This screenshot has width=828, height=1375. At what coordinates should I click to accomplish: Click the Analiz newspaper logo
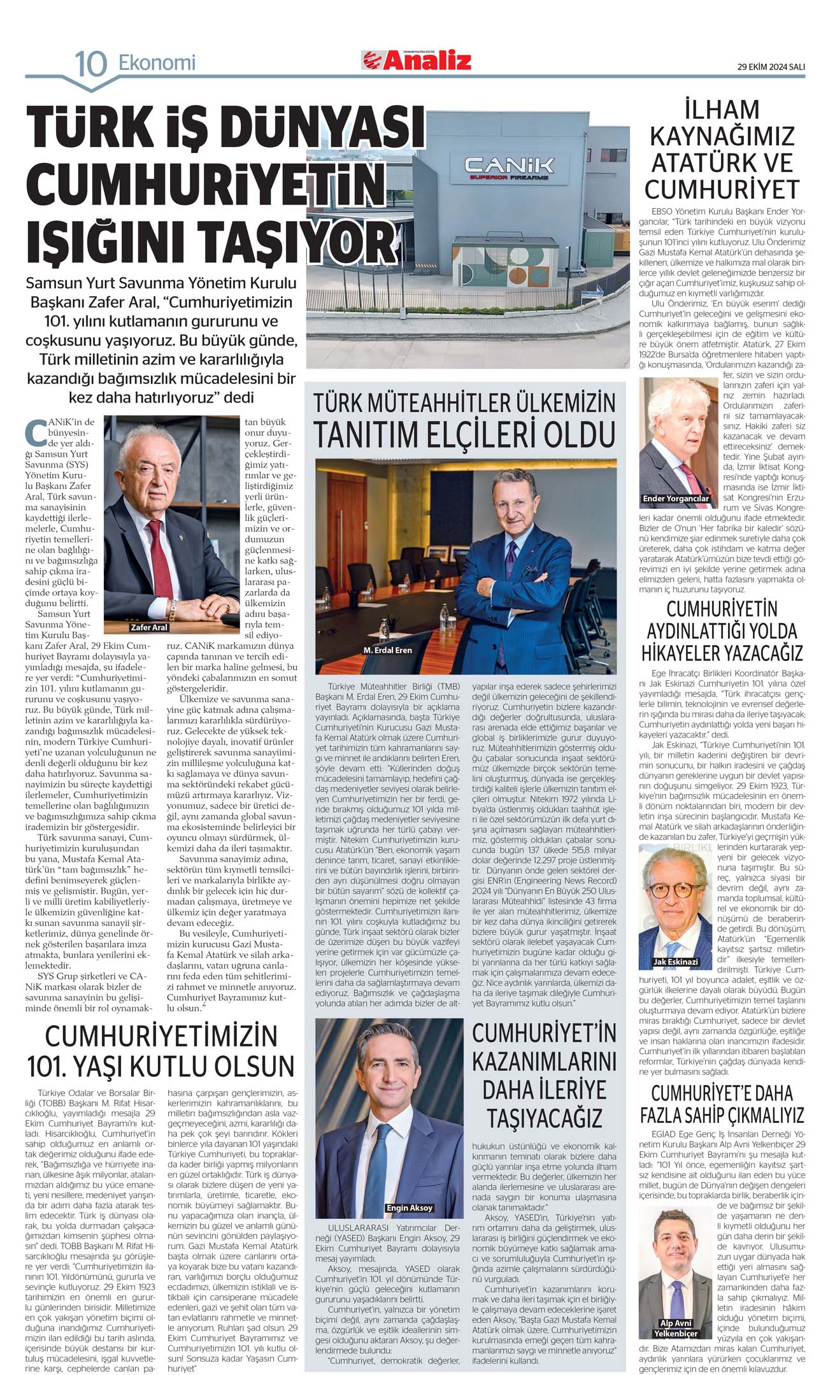click(x=417, y=61)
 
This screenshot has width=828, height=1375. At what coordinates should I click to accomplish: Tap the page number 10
click(x=90, y=64)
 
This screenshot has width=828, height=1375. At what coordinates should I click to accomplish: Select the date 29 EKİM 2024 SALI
click(x=771, y=67)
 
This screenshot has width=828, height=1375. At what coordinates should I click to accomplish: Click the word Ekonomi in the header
click(x=157, y=63)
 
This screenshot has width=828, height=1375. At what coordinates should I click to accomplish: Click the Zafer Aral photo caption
click(x=148, y=627)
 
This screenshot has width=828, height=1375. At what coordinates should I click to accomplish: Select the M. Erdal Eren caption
click(x=387, y=650)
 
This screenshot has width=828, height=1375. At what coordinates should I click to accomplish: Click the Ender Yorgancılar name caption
click(x=676, y=499)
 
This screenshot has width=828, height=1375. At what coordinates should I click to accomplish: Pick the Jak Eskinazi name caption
click(x=675, y=962)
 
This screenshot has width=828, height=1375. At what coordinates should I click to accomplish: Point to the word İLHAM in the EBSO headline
click(x=722, y=110)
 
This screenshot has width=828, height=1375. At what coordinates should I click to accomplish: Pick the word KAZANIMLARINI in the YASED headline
click(x=544, y=1062)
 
